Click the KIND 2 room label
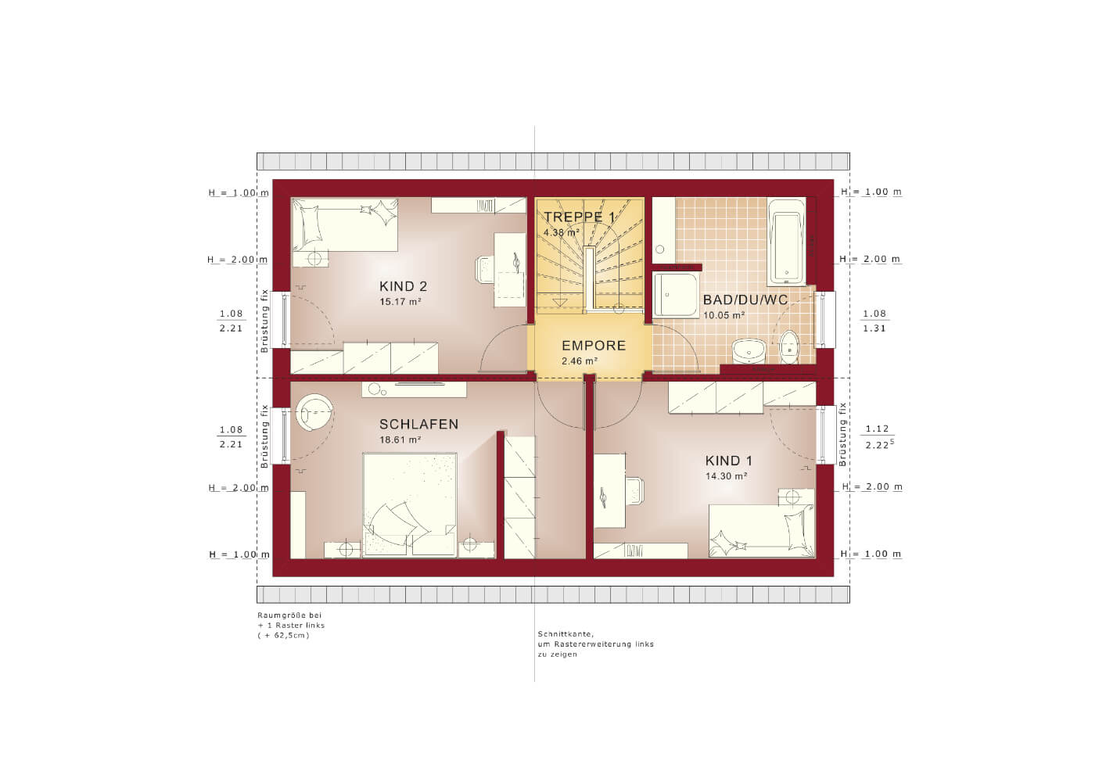click(403, 286)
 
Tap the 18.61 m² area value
click(400, 439)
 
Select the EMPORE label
click(594, 346)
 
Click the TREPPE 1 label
click(580, 217)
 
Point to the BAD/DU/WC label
click(745, 300)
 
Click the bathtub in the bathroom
click(786, 242)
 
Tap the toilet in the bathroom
click(789, 346)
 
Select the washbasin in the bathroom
click(749, 350)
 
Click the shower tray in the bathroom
click(676, 294)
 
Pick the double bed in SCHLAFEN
click(410, 505)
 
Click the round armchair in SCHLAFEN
click(314, 412)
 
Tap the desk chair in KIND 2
click(485, 270)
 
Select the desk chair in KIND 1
click(634, 491)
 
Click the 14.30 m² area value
click(726, 476)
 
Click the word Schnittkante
click(566, 634)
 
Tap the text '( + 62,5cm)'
click(283, 635)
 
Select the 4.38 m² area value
click(562, 232)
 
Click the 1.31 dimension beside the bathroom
click(874, 328)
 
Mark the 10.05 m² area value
click(724, 315)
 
